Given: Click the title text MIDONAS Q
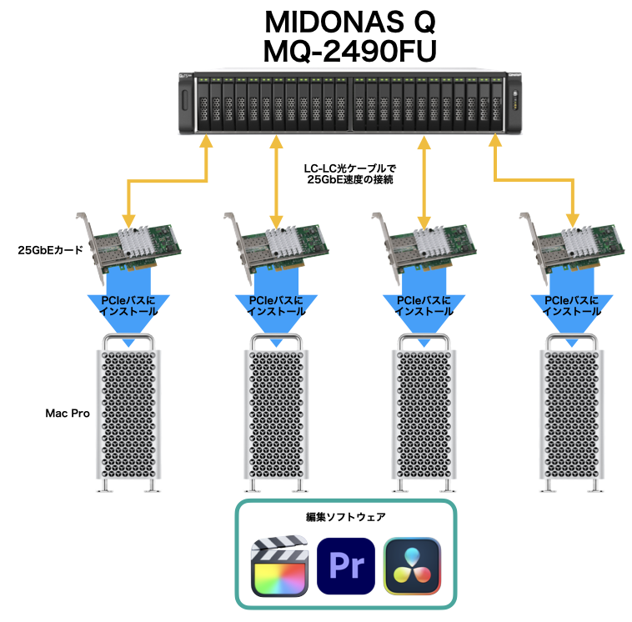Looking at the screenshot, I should coord(350,21).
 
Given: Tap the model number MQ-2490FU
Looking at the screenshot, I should coord(350,50).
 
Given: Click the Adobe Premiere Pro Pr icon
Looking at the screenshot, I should coord(346,565).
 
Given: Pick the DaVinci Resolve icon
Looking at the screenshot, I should coord(412,565).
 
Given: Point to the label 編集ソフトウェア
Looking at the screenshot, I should coord(346,517).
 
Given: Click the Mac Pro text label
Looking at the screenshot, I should coord(68,413).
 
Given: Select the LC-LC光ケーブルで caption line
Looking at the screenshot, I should coord(349,167).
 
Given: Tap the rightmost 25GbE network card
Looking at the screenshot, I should coord(571,244).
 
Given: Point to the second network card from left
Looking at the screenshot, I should coord(275,244).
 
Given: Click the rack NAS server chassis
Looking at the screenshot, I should coord(350,102).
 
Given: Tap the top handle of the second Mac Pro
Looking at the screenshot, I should coord(275,339).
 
